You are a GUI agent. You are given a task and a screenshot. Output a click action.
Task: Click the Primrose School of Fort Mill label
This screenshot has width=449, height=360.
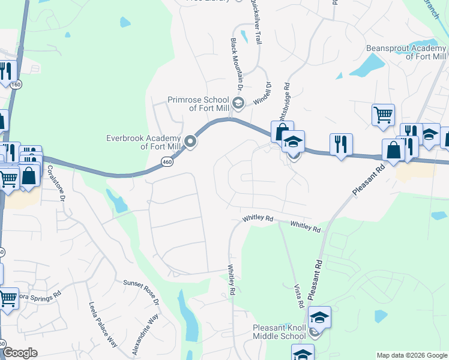pyautogui.click(x=198, y=104)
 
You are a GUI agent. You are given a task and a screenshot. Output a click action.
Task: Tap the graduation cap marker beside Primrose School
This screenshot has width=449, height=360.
pyautogui.click(x=238, y=103)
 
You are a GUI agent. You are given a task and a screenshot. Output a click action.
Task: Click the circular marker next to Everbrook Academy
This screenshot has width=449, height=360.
pyautogui.click(x=191, y=142)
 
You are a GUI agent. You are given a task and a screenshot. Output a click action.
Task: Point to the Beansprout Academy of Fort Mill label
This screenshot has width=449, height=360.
pyautogui.click(x=406, y=52)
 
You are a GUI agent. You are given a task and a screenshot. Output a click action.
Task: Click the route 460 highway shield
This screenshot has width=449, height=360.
pyautogui.click(x=167, y=161)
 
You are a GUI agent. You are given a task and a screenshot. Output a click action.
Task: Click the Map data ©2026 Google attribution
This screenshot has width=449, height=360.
pyautogui.click(x=411, y=355)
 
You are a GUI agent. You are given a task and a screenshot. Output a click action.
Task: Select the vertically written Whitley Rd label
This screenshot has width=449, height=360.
pyautogui.click(x=230, y=281)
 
